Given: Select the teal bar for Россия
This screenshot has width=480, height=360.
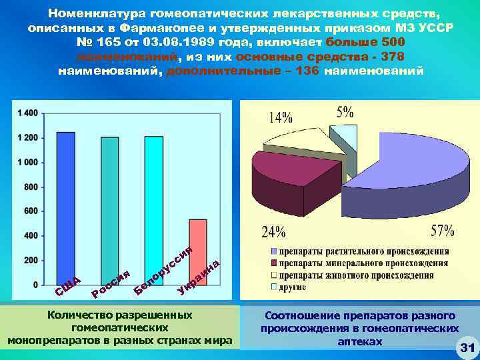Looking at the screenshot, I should (110, 211).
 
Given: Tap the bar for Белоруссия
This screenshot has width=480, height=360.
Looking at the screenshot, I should (154, 210).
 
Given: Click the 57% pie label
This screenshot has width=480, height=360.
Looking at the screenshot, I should (443, 231).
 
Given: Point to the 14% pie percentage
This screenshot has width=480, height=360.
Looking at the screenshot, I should (281, 117).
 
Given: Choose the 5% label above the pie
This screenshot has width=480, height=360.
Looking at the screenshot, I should (345, 111).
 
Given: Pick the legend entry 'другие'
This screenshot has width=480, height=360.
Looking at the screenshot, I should (293, 287).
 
